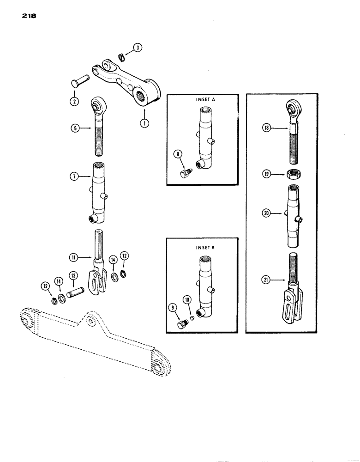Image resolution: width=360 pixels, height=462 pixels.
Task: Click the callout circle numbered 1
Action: [145, 123]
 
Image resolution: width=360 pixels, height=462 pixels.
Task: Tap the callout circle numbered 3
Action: [137, 47]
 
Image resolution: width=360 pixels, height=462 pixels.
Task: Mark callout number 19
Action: [266, 175]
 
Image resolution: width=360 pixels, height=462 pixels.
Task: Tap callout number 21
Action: [266, 279]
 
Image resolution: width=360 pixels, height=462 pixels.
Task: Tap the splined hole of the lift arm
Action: [147, 98]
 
